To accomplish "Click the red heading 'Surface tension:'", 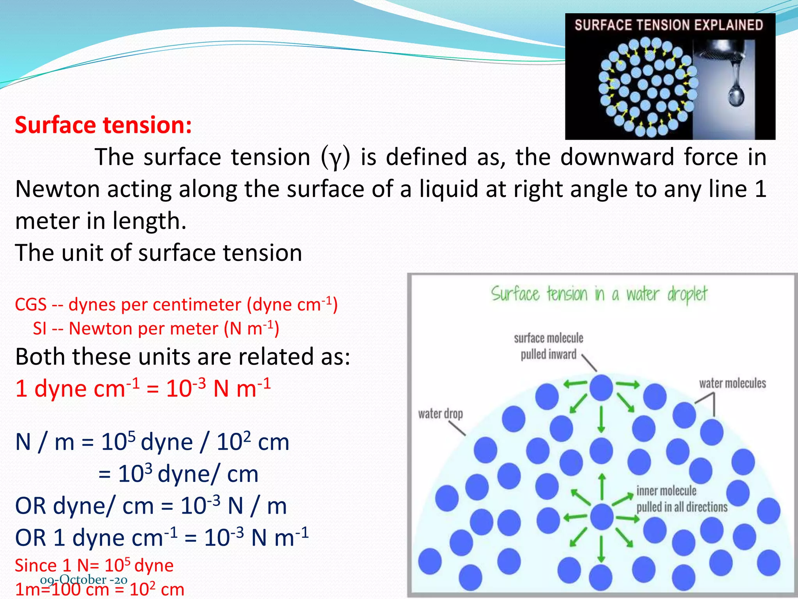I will pos(103,126).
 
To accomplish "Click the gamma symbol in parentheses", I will pos(335,158).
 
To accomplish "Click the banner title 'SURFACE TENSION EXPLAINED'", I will pos(669,25).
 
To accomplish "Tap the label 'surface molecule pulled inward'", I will pos(548,346).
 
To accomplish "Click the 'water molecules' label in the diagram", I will pos(732,384).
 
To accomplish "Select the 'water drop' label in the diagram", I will pos(440,414).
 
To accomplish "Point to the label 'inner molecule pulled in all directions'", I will pos(681,499).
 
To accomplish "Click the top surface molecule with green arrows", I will pos(601,388).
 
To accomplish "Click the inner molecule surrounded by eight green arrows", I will pos(602,517).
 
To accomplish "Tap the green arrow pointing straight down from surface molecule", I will pos(601,419).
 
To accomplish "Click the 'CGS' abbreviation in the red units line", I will pos(31,305).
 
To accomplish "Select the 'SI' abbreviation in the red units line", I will pos(40,329).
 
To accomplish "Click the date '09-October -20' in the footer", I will pos(83,580).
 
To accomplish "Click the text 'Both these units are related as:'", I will pos(183,357).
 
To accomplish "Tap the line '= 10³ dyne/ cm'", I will pos(178,474).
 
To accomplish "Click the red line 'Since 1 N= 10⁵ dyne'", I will pos(94,565).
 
